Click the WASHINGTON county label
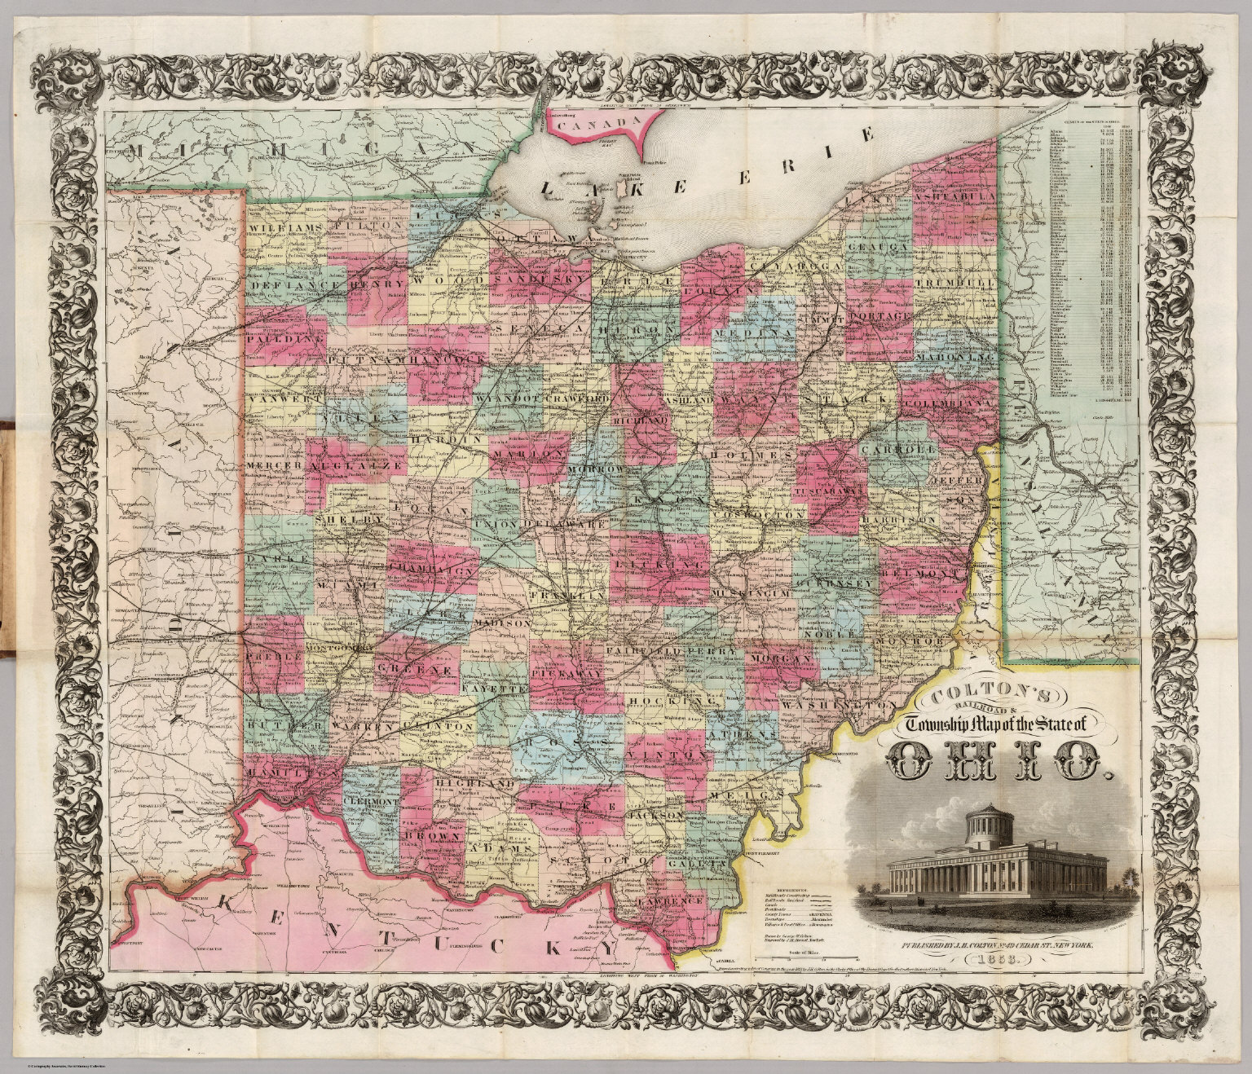pos(841,702)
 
